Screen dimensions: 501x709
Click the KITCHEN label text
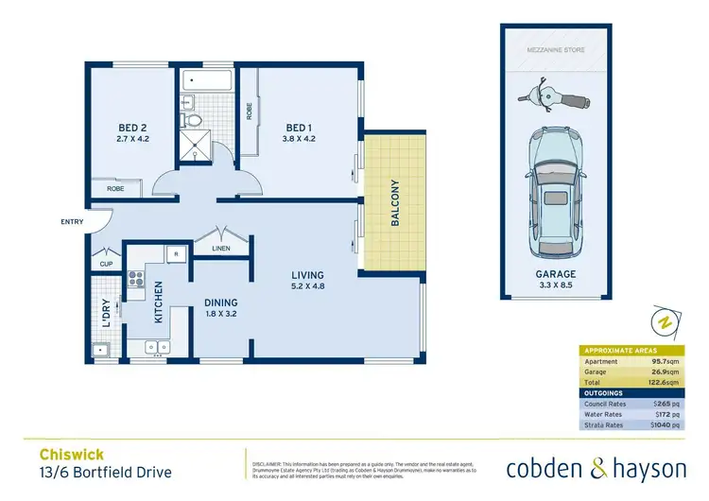click(x=159, y=302)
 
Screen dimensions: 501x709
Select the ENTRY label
click(x=72, y=223)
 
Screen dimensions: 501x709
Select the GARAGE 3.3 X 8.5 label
click(x=555, y=279)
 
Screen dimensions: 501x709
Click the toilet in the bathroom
click(x=194, y=119)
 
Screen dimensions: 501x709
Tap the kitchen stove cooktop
click(x=134, y=279)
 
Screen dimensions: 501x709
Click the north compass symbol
click(x=665, y=323)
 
